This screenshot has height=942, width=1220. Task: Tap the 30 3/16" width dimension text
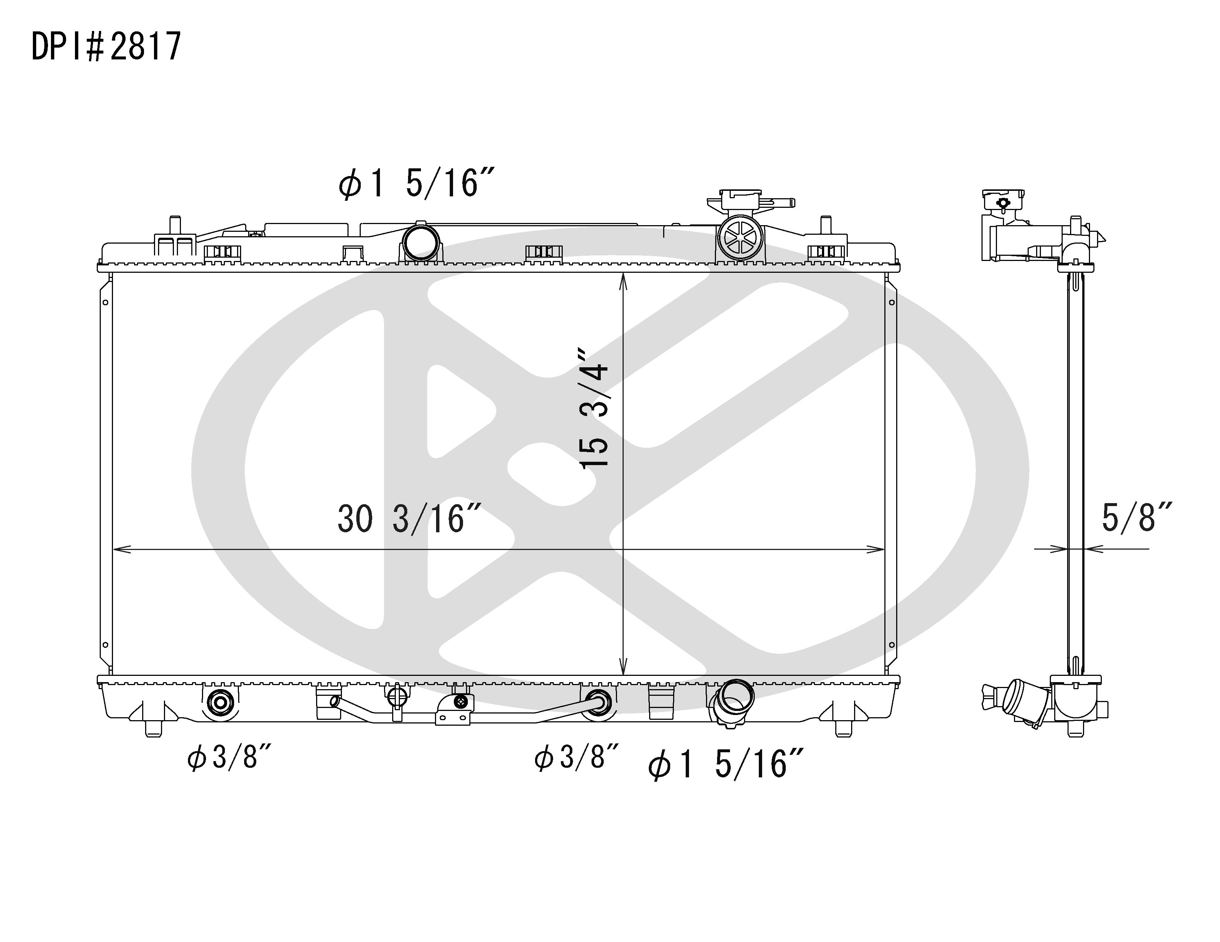click(409, 519)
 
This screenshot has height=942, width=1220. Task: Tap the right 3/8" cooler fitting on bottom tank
click(599, 702)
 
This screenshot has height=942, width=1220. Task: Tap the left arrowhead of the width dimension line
click(119, 550)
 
